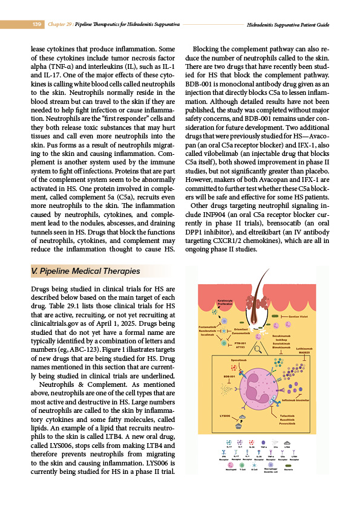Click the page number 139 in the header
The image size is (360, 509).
click(x=36, y=24)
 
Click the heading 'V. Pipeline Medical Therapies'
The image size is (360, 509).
click(x=85, y=271)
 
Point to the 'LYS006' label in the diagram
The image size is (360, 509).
click(x=225, y=415)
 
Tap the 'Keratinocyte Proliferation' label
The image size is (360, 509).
click(x=224, y=303)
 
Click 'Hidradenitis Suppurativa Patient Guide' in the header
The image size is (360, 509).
click(x=288, y=25)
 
